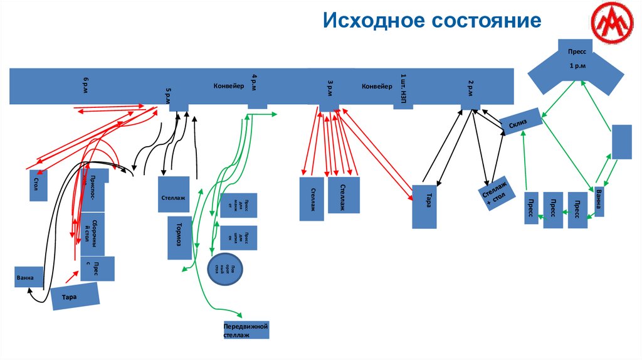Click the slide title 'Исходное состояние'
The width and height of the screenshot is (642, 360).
coord(432,21)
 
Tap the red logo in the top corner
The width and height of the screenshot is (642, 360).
coord(610,24)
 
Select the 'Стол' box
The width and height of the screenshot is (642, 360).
coord(38,185)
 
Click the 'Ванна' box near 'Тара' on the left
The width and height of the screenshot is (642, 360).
coord(29,276)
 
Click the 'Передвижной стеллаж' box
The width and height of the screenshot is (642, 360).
coord(246,331)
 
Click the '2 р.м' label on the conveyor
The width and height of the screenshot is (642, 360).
coord(470,87)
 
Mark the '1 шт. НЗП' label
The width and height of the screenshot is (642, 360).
coord(404,87)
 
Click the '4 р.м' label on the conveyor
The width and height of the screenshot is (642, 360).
coord(254,83)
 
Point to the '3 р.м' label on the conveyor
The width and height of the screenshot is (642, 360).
coord(330,88)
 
